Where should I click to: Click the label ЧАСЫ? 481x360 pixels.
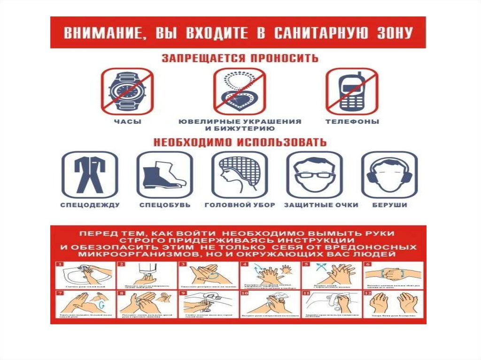tap(128, 122)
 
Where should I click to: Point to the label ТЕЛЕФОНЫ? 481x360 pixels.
tap(352, 122)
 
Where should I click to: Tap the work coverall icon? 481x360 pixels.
tap(90, 175)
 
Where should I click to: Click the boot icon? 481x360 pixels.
tap(164, 175)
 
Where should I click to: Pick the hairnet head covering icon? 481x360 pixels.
tap(239, 175)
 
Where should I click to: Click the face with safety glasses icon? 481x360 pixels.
tap(314, 175)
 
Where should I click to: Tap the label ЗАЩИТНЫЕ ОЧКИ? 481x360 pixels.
tap(321, 205)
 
